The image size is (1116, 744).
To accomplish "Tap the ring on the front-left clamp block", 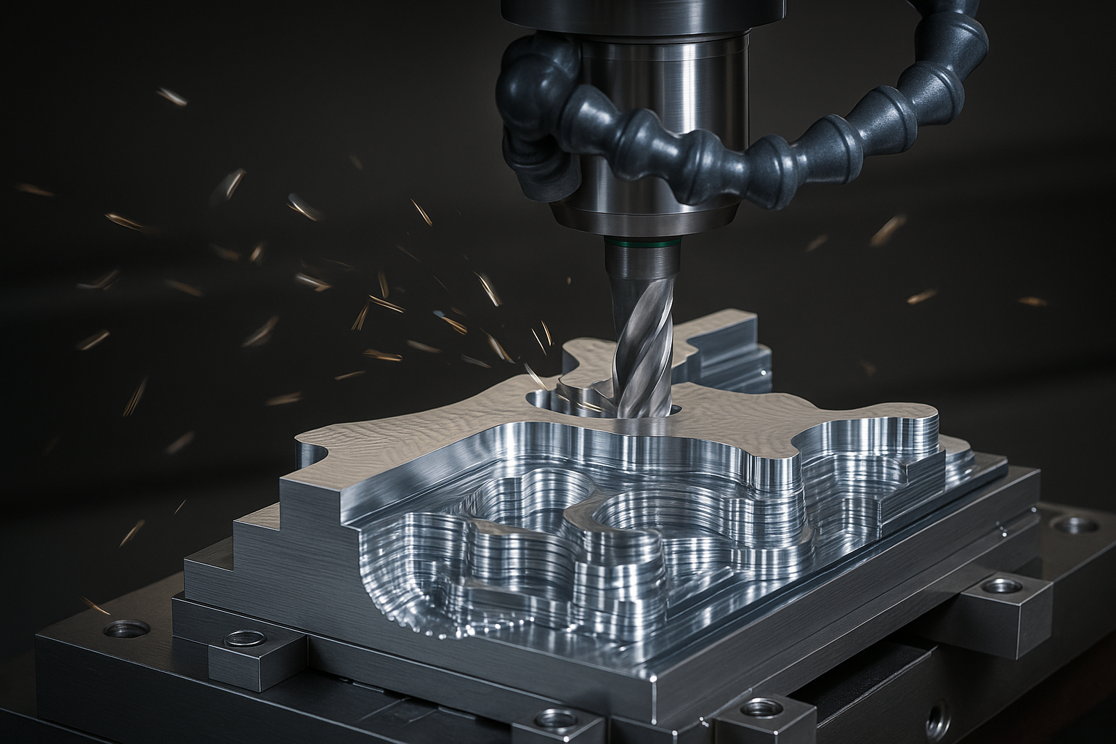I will click(242, 639).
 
